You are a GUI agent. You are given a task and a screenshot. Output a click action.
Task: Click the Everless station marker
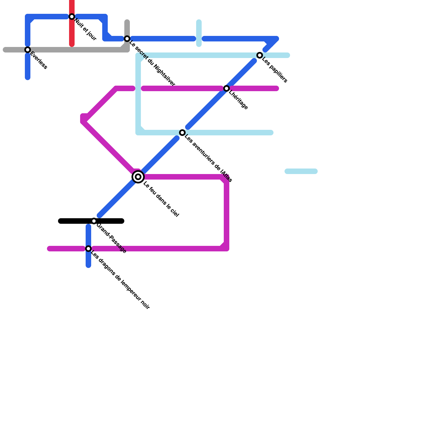pos(28,50)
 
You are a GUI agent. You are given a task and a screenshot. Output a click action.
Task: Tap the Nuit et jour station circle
pos(72,17)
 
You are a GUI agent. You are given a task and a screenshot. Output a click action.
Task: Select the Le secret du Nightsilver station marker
pos(127,39)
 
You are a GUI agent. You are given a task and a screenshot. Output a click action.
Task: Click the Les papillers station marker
pos(260,55)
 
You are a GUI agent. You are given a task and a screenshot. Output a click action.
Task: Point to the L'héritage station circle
pos(227,88)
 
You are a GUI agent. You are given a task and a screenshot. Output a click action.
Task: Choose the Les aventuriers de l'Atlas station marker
pos(182,133)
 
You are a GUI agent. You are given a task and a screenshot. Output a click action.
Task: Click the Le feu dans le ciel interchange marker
pos(138,177)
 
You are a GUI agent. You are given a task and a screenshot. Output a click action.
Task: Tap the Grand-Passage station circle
pos(94,221)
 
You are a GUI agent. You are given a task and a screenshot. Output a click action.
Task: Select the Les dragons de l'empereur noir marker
pos(88,249)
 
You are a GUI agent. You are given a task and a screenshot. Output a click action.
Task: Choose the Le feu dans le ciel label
pos(161,199)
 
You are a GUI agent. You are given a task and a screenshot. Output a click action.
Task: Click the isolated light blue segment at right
pos(301,171)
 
